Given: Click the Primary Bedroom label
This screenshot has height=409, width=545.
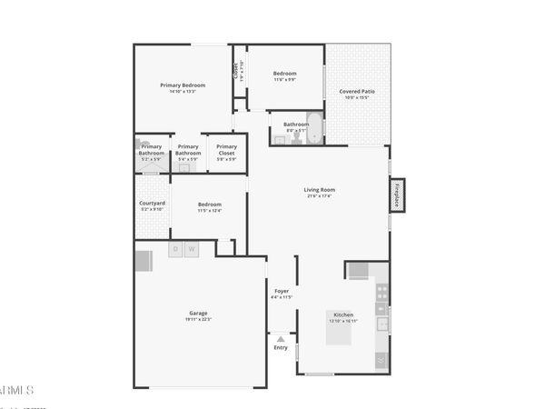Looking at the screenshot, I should pyautogui.click(x=183, y=85).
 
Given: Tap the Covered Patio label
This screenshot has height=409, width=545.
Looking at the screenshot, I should pyautogui.click(x=357, y=92).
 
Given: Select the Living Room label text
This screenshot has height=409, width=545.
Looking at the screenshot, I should pyautogui.click(x=319, y=189).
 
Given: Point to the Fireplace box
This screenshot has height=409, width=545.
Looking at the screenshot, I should pyautogui.click(x=398, y=195).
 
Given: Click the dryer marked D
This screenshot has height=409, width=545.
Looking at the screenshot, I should pyautogui.click(x=175, y=249).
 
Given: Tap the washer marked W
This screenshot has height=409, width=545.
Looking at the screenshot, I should pyautogui.click(x=192, y=249).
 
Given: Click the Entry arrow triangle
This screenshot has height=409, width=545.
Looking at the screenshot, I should pyautogui.click(x=281, y=339).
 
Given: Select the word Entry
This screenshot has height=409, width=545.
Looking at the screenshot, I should pyautogui.click(x=281, y=347).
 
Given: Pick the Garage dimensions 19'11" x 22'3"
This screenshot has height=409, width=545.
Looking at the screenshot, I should pyautogui.click(x=198, y=319).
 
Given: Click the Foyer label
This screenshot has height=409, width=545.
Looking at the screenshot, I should pyautogui.click(x=282, y=291).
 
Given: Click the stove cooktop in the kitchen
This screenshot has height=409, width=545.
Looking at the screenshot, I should pyautogui.click(x=382, y=293).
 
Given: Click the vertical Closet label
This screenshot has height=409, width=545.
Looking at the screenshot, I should pyautogui.click(x=237, y=69).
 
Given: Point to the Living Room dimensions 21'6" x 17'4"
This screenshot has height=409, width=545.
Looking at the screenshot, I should pyautogui.click(x=319, y=196).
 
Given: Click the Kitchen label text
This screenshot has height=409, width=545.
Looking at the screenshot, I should pyautogui.click(x=343, y=314).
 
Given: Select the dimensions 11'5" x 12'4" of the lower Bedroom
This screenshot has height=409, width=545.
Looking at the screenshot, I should pyautogui.click(x=210, y=211).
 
